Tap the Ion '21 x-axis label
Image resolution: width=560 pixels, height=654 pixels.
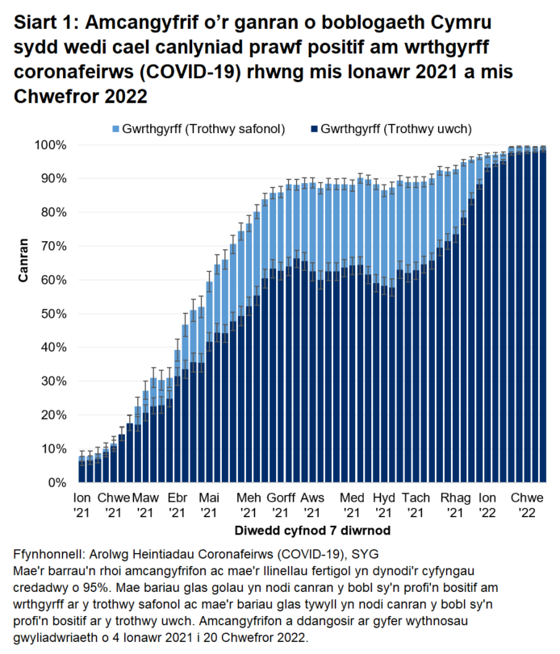tap(82, 505)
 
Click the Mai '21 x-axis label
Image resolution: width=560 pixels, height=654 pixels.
tap(209, 505)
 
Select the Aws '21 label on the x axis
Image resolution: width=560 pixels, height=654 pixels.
tap(311, 505)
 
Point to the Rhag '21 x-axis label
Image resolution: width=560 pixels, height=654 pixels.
tap(455, 505)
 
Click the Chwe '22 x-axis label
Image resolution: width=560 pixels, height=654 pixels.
tap(528, 505)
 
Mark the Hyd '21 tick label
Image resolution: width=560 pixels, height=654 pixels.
tap(384, 505)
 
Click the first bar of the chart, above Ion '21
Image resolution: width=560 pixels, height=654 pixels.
tap(81, 469)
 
